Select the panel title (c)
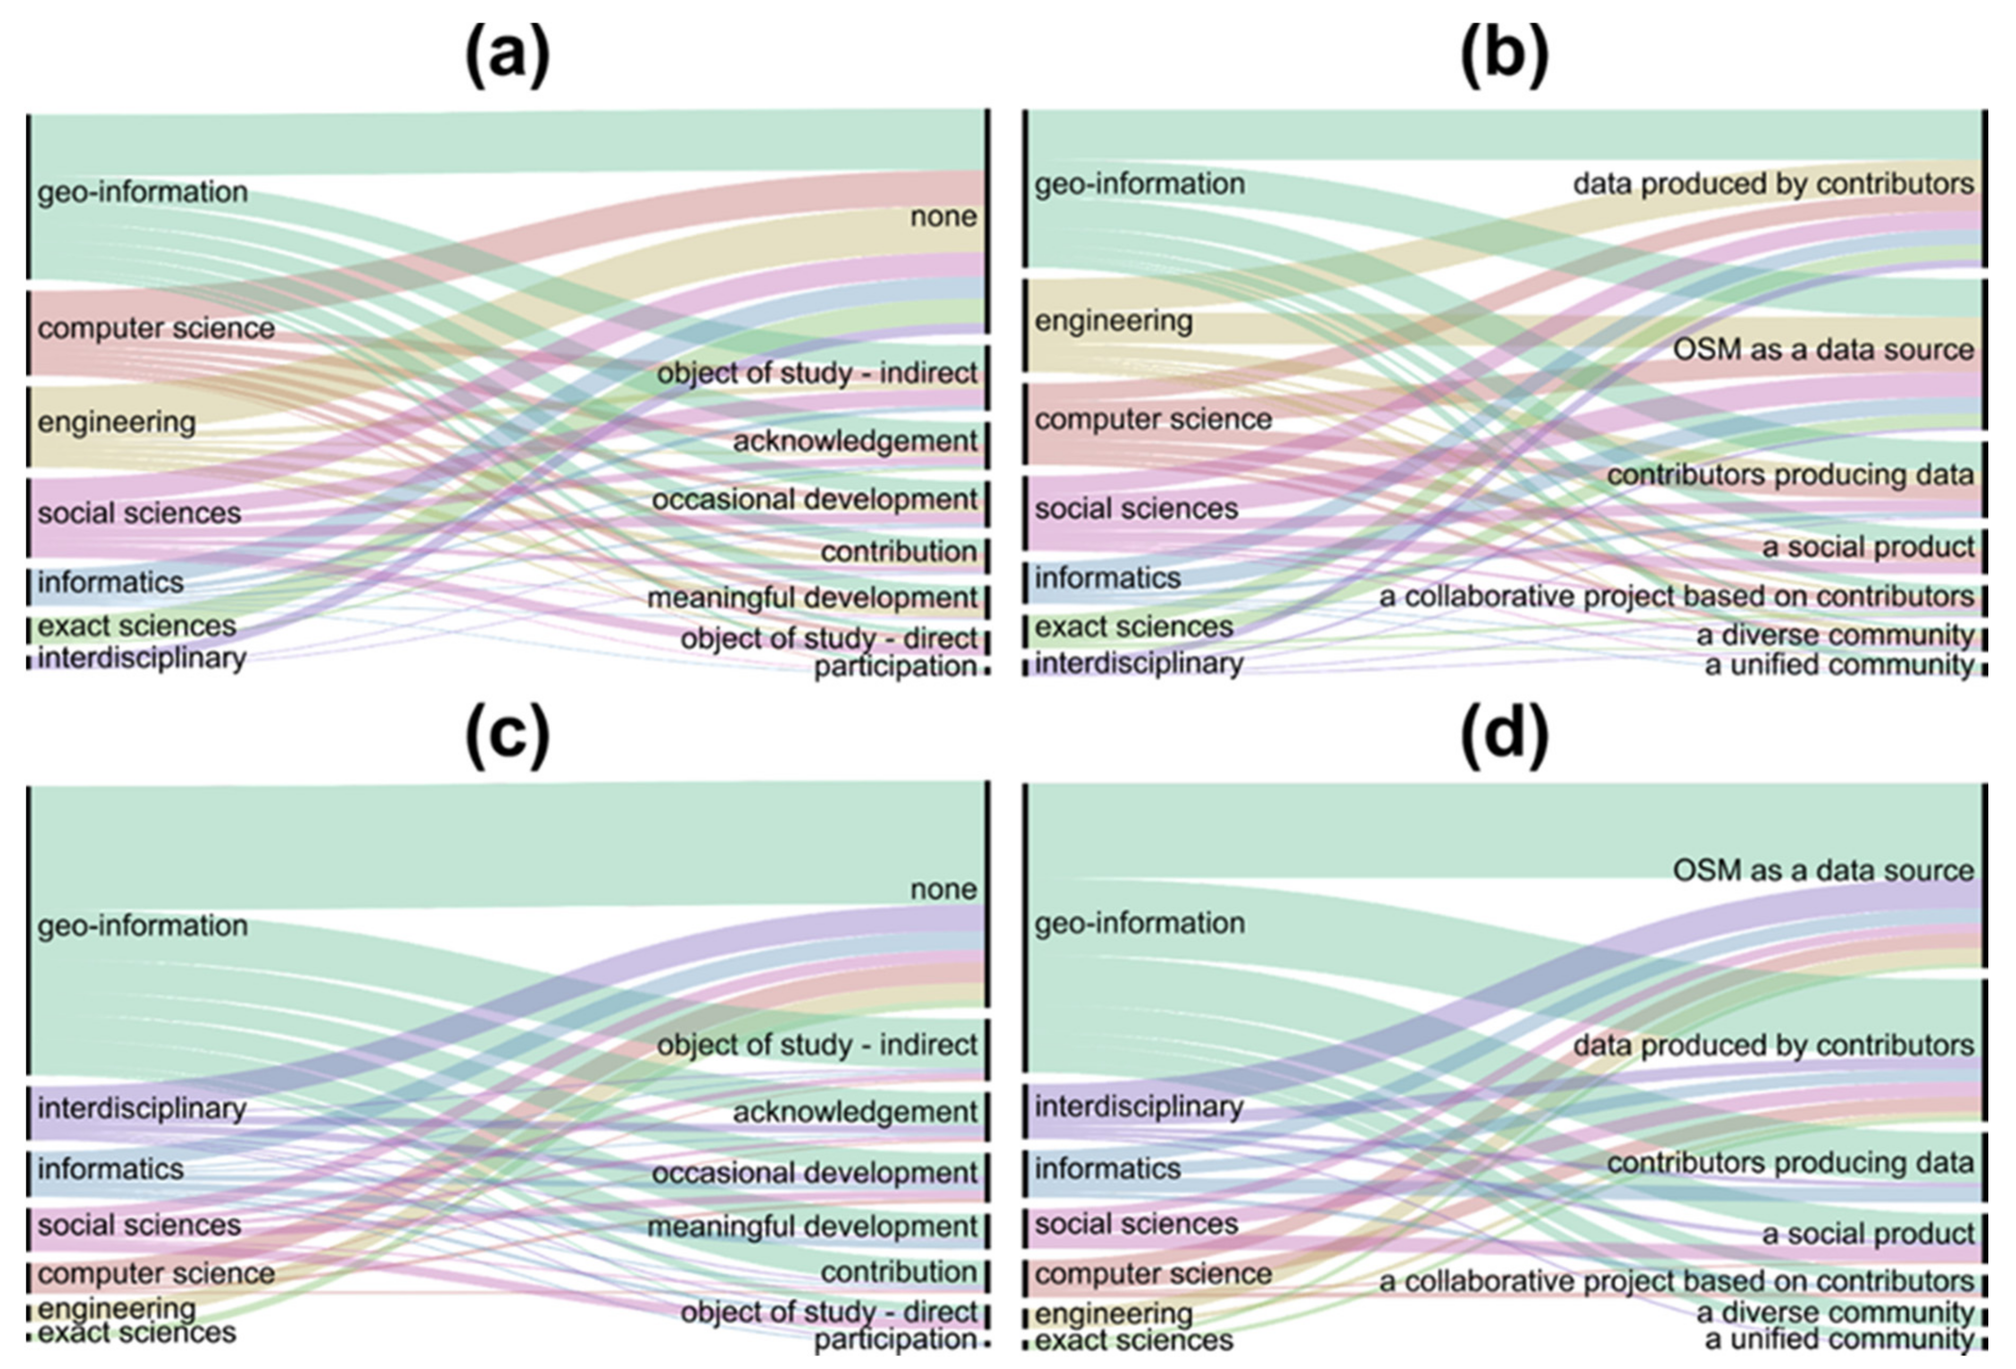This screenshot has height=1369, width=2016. tap(508, 736)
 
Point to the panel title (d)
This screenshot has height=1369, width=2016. tap(1504, 736)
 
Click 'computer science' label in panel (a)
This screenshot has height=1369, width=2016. tap(156, 328)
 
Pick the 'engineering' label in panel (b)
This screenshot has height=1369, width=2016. tap(1114, 321)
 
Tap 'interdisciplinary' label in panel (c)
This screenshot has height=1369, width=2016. tap(142, 1108)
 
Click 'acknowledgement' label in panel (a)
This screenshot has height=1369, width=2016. tap(856, 441)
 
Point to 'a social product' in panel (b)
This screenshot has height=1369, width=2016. tap(1868, 547)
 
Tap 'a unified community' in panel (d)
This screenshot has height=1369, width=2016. tap(1839, 1339)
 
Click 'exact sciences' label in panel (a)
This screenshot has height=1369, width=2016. tap(137, 625)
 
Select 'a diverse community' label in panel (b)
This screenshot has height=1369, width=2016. tap(1835, 635)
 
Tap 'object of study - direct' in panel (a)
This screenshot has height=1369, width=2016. tap(828, 639)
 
